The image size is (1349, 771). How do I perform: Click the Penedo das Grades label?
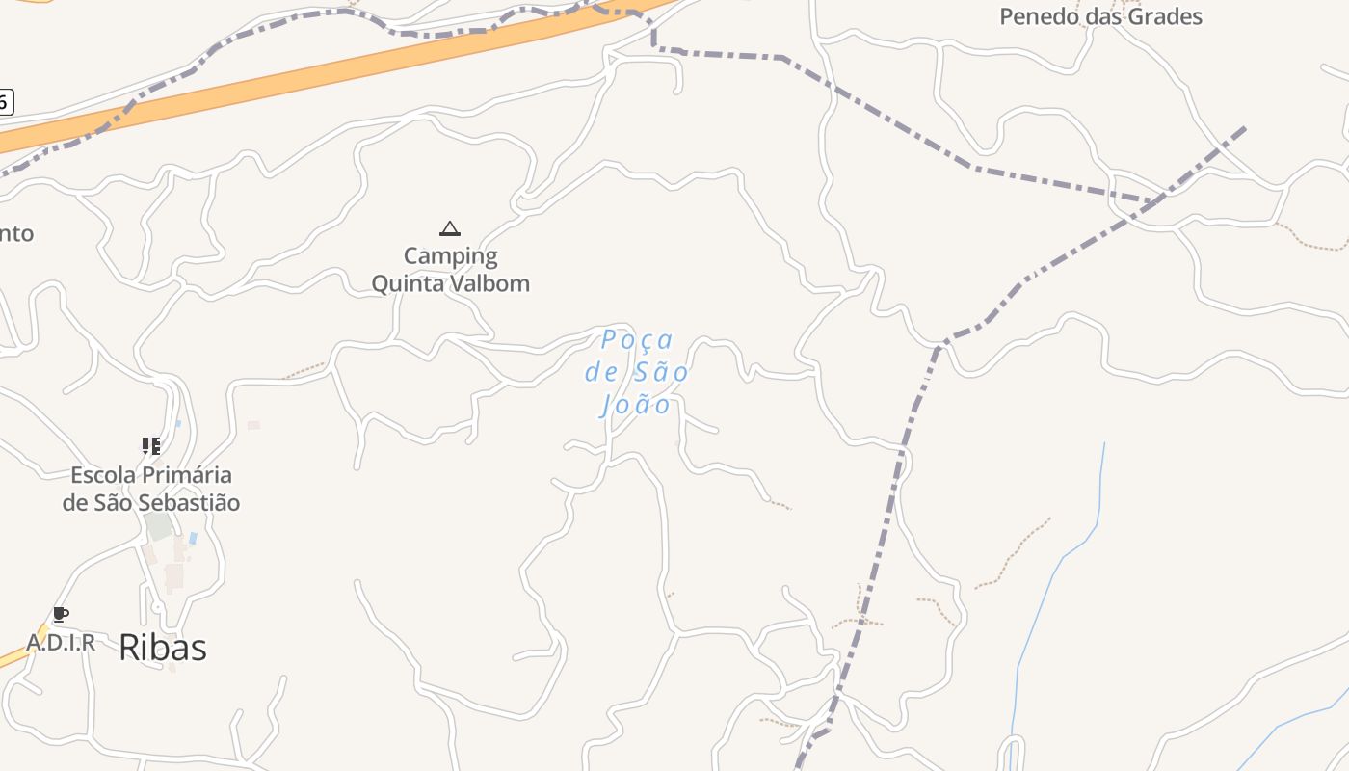[x=1100, y=16]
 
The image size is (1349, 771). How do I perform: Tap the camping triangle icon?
[x=449, y=229]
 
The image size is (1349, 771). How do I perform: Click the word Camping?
[x=450, y=256]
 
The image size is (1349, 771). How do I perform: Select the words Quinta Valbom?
[x=450, y=283]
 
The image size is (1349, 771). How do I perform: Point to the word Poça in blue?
[x=637, y=340]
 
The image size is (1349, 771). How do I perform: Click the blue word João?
[x=636, y=404]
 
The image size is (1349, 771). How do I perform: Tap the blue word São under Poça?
[x=661, y=372]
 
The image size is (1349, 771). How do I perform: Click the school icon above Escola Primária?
[x=151, y=446]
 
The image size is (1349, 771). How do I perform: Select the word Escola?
[x=104, y=475]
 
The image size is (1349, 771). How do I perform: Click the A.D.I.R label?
[x=61, y=643]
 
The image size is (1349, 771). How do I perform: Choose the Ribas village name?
[x=162, y=648]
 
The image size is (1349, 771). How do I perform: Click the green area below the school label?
[x=159, y=526]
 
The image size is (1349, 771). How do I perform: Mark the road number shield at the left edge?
[x=5, y=101]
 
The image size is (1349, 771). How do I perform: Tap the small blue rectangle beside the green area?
[x=193, y=538]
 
